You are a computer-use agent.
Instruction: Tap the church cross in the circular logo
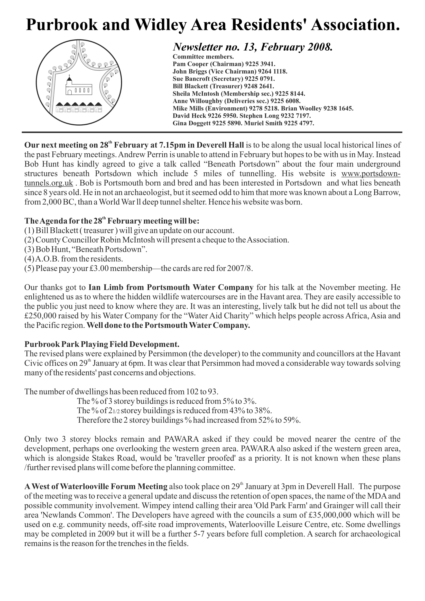pos(69,77)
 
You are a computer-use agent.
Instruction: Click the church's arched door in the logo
pos(70,92)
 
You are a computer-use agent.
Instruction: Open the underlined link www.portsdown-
pos(371,173)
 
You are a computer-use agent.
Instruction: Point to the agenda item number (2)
pos(29,240)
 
